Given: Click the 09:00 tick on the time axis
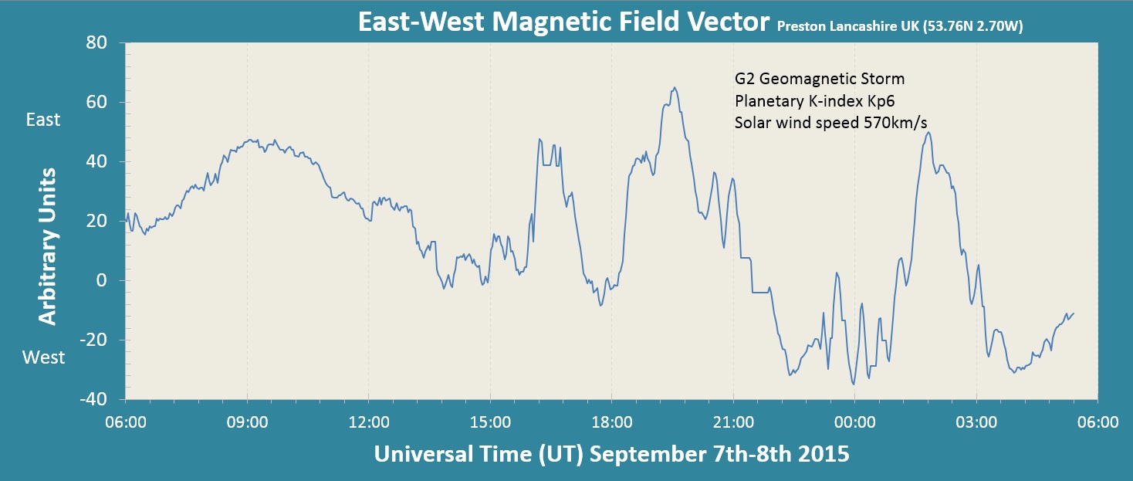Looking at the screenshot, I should click(x=247, y=422).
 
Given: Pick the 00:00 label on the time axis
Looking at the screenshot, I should click(x=854, y=422).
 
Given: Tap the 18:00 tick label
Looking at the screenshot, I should click(x=611, y=422).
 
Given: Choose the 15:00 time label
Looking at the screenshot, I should click(x=490, y=422).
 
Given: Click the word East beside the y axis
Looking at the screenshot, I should click(x=43, y=120).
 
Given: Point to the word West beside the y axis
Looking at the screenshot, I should click(x=43, y=357).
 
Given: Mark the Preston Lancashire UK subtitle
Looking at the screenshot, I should click(x=900, y=27).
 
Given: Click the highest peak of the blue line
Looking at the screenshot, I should click(x=675, y=87).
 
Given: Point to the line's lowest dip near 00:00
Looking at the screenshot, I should click(x=853, y=384).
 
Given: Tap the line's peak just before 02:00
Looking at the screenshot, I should click(x=928, y=132).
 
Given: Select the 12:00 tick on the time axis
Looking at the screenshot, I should click(x=368, y=422).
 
